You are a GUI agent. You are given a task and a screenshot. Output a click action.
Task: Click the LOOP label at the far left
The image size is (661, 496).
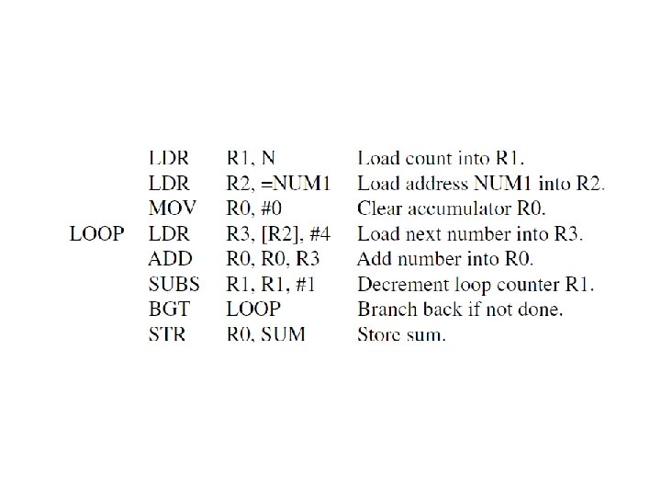coord(97,234)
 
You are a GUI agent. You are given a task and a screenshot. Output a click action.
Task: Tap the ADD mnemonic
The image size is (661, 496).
coord(170,259)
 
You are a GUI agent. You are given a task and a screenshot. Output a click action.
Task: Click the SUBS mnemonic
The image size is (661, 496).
coord(174,284)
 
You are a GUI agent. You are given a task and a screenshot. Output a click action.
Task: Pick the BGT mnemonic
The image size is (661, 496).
coord(168,310)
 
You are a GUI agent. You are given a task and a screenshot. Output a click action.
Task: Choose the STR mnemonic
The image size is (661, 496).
coord(167,334)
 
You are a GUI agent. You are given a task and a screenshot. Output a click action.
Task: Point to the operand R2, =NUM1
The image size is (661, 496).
coord(282,184)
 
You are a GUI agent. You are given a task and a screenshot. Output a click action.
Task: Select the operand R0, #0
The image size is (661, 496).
coord(259,209)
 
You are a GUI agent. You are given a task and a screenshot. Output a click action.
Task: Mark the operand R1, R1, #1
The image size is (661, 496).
coord(271,284)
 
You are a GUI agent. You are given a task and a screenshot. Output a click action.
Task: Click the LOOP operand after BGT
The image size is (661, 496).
coord(253,310)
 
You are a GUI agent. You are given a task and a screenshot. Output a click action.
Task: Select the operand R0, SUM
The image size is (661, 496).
coord(266,334)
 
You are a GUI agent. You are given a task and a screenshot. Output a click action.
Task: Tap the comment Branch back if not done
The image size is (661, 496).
coord(460,310)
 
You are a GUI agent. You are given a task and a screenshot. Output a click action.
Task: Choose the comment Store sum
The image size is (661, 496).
coord(401,334)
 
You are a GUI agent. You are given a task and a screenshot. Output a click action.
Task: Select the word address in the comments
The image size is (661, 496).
coord(431,184)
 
